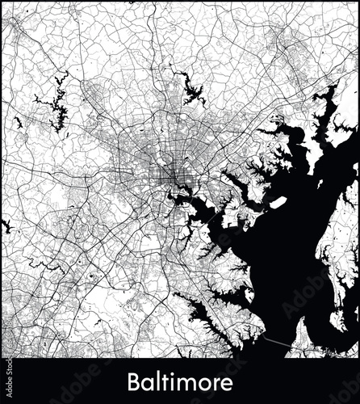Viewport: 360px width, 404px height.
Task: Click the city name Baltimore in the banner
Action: tap(179, 381)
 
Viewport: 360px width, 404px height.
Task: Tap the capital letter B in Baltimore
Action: tap(134, 381)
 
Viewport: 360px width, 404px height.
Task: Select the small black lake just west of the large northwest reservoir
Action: tap(18, 123)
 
